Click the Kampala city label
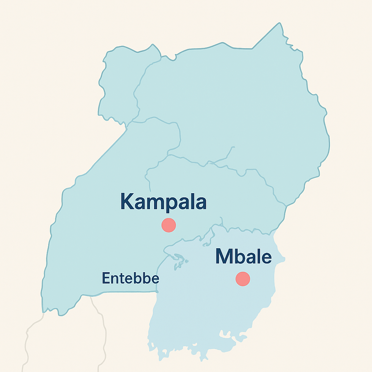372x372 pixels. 163,202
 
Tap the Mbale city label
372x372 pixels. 243,257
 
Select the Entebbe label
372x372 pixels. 131,279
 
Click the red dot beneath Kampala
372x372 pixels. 169,225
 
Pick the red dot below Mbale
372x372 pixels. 243,279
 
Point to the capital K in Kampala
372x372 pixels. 128,202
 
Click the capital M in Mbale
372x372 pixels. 224,257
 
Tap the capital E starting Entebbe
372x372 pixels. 106,279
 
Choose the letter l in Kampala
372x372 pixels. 192,201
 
